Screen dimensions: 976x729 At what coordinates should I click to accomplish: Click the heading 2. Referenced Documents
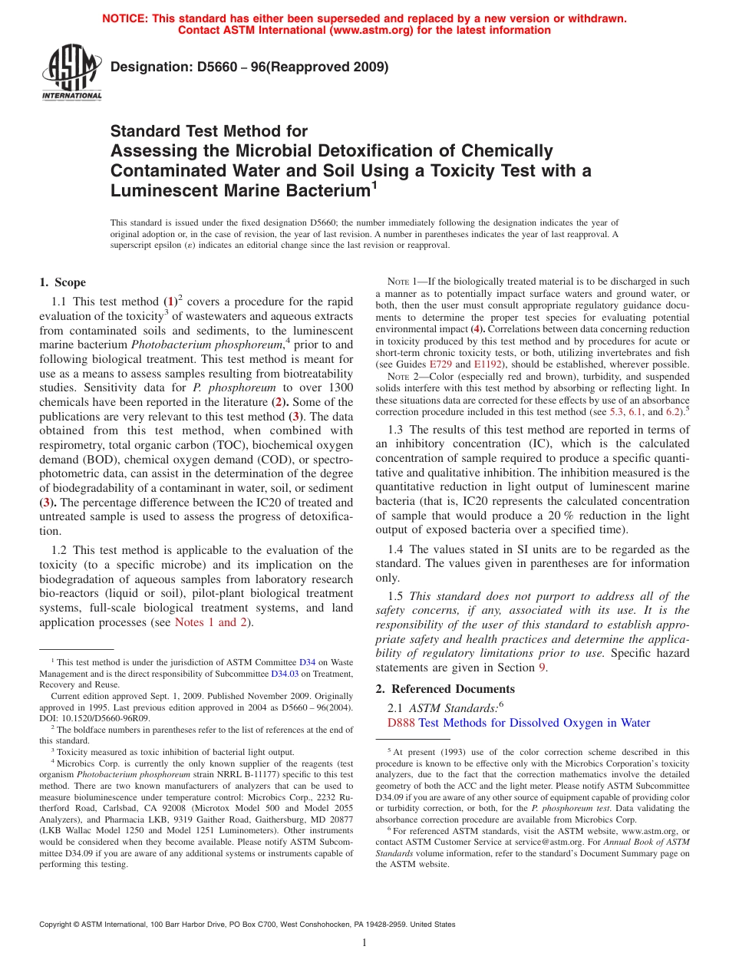click(445, 688)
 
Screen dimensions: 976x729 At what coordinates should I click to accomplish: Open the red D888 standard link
click(400, 723)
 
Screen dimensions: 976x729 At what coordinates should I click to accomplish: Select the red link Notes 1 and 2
click(211, 622)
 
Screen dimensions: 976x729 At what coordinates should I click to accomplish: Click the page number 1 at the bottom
click(364, 943)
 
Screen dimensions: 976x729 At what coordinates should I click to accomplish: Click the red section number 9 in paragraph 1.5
click(543, 667)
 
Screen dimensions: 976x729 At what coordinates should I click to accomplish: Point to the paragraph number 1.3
click(396, 430)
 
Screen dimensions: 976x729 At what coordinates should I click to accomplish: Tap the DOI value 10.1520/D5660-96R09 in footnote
click(97, 718)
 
